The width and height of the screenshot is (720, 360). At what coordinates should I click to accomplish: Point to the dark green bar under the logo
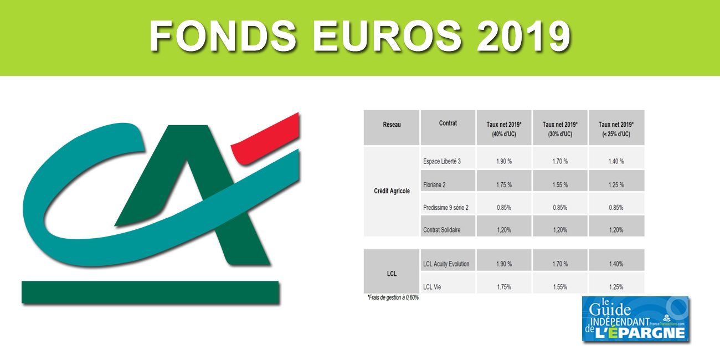coord(150,292)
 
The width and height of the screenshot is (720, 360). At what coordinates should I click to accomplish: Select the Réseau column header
coord(392,125)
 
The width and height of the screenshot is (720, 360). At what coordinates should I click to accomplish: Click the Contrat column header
coord(448,124)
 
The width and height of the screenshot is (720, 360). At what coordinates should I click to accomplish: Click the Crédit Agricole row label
coord(392,191)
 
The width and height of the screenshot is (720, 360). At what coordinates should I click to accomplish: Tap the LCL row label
coord(392,274)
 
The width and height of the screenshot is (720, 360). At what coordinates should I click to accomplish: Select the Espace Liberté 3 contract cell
coord(441,162)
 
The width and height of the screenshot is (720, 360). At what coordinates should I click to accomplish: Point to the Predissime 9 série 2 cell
coord(445,208)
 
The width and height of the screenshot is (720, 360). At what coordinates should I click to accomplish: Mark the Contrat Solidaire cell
coord(441,230)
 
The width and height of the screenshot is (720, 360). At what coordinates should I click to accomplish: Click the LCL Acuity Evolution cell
coord(446,264)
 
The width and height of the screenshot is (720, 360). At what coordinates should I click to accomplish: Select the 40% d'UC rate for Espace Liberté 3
coord(504,162)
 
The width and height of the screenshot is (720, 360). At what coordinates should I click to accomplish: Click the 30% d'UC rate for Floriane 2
coord(559,185)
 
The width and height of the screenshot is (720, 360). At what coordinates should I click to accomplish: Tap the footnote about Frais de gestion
coord(393,298)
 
